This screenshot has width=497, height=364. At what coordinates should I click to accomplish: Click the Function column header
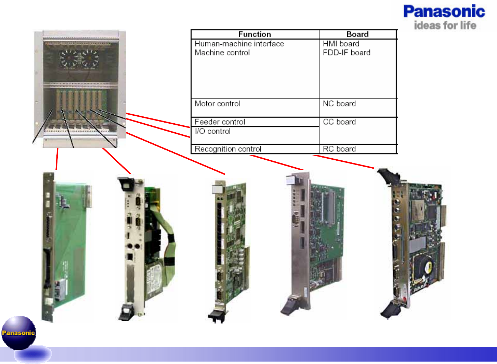[254, 34]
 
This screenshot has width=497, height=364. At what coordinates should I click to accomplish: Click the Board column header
[358, 34]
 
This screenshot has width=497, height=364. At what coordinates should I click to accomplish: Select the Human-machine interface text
[239, 44]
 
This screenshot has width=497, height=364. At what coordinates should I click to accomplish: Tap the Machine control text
[222, 53]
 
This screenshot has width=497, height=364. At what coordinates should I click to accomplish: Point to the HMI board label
[341, 44]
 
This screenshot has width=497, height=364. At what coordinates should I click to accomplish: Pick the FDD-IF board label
[346, 53]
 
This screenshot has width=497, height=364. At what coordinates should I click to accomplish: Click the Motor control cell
[217, 104]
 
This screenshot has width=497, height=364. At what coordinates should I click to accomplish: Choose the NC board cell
[339, 104]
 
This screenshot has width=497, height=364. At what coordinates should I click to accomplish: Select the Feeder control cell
[220, 122]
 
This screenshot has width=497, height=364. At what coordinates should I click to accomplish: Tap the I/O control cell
[213, 132]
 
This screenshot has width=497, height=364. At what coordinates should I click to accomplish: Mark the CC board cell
[339, 122]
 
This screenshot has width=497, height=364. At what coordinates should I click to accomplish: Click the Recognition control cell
[228, 149]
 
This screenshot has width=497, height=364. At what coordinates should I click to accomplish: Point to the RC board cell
[339, 149]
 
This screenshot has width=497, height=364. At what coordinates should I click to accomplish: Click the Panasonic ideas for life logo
[444, 17]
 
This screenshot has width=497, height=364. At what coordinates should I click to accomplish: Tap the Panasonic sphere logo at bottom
[19, 333]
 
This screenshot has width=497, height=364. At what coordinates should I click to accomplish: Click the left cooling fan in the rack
[69, 58]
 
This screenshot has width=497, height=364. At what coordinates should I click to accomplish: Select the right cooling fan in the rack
[90, 58]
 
